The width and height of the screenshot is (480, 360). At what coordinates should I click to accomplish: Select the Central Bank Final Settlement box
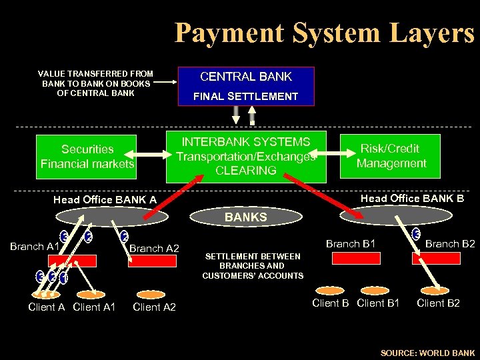pyautogui.click(x=246, y=86)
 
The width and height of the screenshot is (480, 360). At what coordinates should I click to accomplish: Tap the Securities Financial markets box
pyautogui.click(x=87, y=157)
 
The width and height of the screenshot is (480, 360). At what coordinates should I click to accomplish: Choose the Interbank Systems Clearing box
pyautogui.click(x=246, y=157)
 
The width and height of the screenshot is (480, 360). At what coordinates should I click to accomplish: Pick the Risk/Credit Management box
pyautogui.click(x=391, y=156)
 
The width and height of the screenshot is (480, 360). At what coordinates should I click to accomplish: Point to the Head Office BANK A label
pyautogui.click(x=105, y=200)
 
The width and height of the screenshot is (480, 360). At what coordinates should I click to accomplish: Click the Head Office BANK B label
pyautogui.click(x=412, y=198)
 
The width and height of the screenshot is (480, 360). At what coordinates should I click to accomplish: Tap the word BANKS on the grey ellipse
pyautogui.click(x=245, y=217)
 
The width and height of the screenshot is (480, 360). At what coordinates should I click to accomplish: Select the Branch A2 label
pyautogui.click(x=154, y=249)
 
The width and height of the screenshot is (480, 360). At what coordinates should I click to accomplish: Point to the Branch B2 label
pyautogui.click(x=450, y=244)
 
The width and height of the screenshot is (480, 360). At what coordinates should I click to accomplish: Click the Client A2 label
pyautogui.click(x=154, y=307)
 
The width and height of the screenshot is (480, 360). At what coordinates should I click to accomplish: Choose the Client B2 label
pyautogui.click(x=438, y=303)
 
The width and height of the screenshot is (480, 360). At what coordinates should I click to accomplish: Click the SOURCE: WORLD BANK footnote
pyautogui.click(x=427, y=353)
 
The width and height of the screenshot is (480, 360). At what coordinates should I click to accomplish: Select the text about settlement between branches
pyautogui.click(x=253, y=266)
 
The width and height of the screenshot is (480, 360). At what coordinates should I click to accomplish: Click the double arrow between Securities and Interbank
pyautogui.click(x=151, y=156)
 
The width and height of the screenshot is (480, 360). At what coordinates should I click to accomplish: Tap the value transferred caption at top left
pyautogui.click(x=96, y=83)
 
